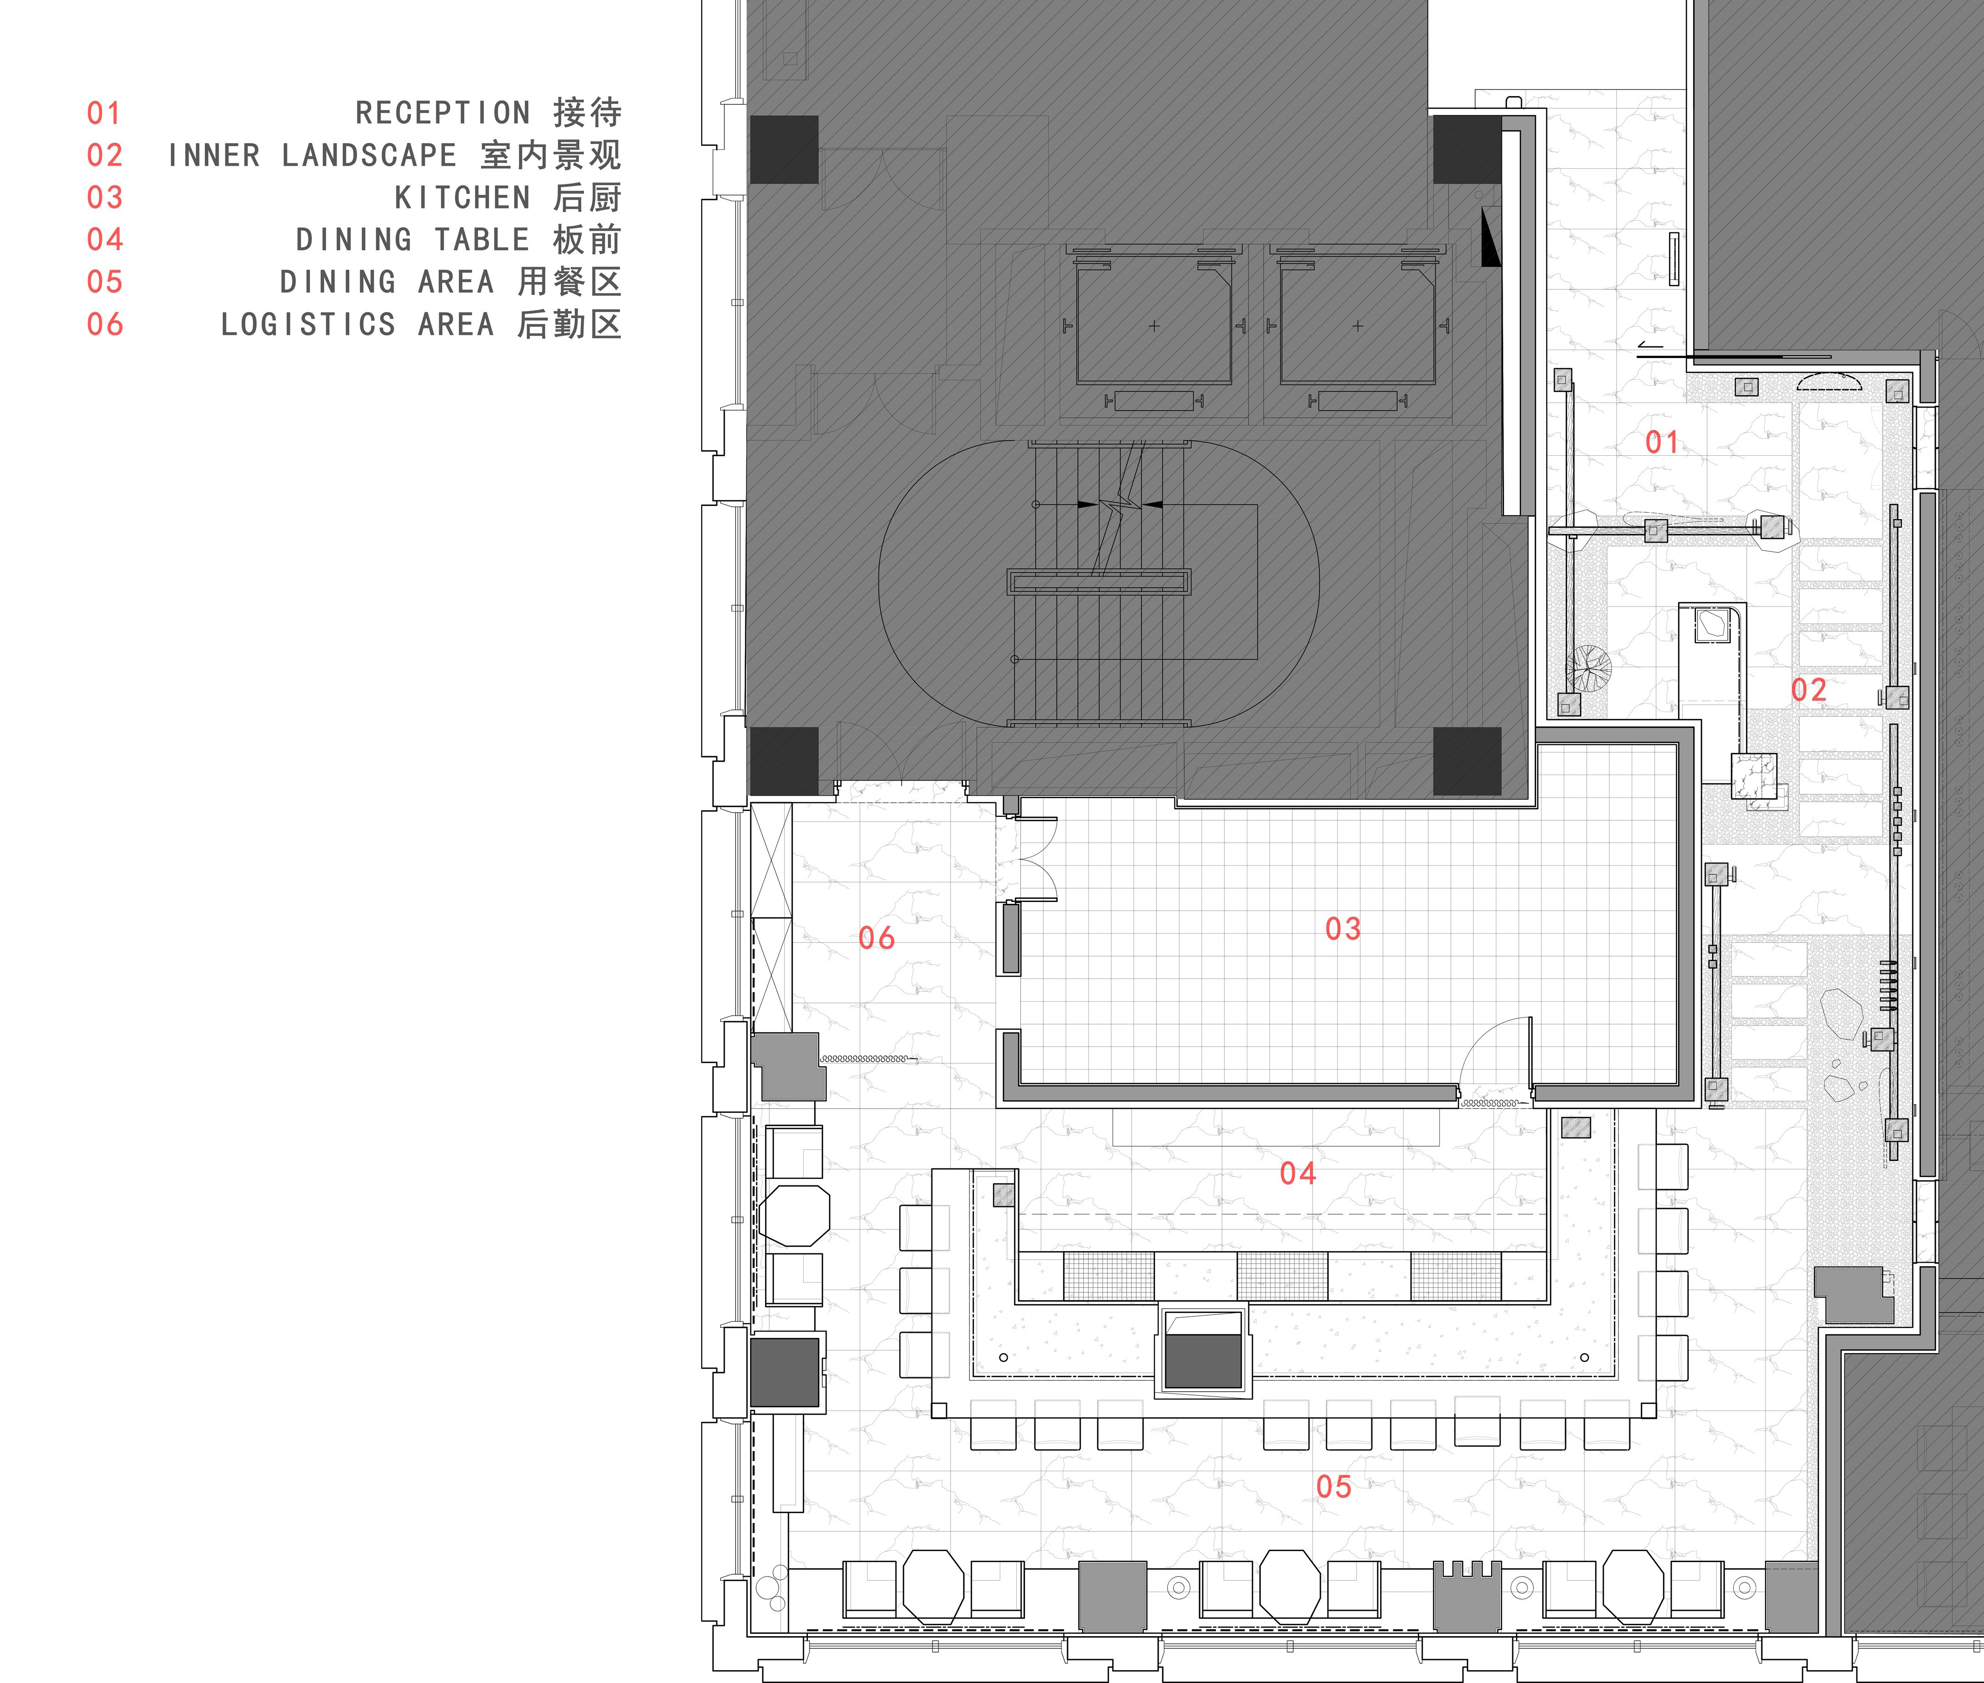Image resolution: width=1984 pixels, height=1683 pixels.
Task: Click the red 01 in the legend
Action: [104, 113]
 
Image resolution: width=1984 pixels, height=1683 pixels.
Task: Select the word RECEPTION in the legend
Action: [443, 113]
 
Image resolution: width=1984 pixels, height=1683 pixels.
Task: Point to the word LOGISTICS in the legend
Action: [308, 324]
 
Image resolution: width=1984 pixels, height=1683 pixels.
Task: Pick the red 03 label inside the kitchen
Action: [1343, 928]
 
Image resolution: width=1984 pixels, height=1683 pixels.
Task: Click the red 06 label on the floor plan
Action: [877, 938]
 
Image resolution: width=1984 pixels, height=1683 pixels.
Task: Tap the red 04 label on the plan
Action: [1298, 1173]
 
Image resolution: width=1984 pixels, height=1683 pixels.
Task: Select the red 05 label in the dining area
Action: [1334, 1486]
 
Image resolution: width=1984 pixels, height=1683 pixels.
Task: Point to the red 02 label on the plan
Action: [1809, 690]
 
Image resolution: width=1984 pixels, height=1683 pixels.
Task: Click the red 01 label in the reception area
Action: [1662, 442]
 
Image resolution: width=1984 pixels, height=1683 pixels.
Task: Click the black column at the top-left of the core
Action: [784, 150]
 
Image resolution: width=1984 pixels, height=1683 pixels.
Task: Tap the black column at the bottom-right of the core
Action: [1467, 761]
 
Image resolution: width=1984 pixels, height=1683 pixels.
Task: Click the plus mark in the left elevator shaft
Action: [1154, 326]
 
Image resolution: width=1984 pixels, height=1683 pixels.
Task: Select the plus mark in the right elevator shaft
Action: [1358, 326]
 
